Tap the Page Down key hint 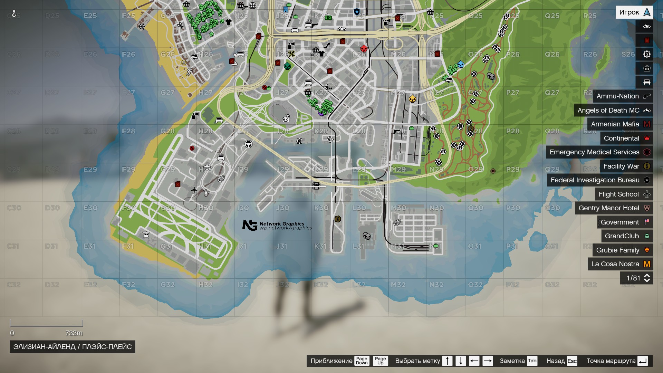(362, 361)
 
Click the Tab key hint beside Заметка (532, 361)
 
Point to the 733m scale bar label (74, 333)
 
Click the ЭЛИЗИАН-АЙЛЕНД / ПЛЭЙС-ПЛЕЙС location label (72, 347)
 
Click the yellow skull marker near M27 (412, 99)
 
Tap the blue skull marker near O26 (460, 65)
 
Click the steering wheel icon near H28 (248, 144)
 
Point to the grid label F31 (128, 246)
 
